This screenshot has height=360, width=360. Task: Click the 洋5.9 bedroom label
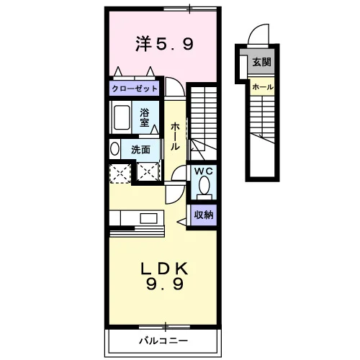coord(164,44)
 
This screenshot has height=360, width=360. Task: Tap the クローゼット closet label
coord(135,89)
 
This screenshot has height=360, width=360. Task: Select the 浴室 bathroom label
coord(145,117)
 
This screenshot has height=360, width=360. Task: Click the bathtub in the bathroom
coord(121,118)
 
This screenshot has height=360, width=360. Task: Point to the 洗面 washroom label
coord(140,150)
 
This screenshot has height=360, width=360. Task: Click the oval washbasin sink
coord(114,149)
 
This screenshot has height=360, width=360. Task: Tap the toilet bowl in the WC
coord(204,185)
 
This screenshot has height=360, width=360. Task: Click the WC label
coord(204,171)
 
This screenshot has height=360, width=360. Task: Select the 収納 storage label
coord(204,215)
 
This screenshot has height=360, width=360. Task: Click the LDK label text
coord(164,269)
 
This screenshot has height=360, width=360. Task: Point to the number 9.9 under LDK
coord(165,285)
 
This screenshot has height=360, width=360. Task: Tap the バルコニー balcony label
coord(163,341)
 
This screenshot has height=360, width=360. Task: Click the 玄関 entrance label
coord(261,62)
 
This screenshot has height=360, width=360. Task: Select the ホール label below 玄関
coord(263,86)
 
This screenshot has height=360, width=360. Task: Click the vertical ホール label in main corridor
coord(175,136)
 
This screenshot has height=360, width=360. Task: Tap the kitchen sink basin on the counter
coord(149,218)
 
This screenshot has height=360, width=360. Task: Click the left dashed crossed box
coord(120,174)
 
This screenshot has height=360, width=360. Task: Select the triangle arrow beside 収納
coord(182,222)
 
